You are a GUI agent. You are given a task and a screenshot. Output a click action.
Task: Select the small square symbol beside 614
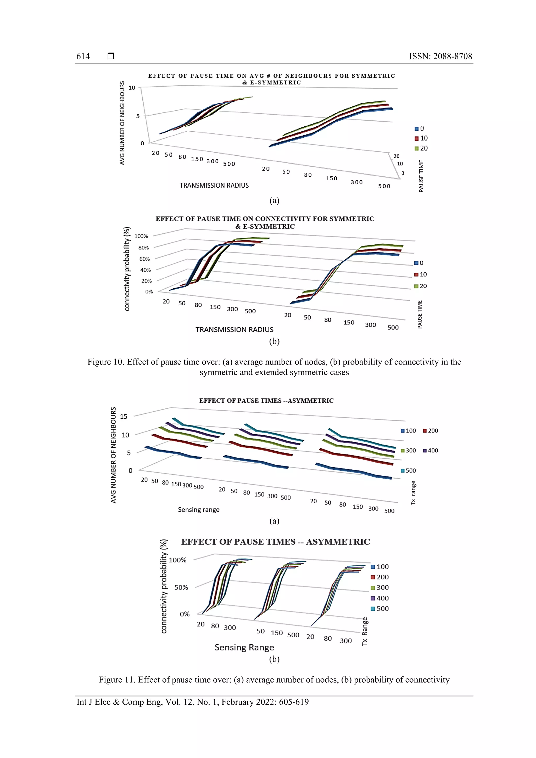tap(111, 56)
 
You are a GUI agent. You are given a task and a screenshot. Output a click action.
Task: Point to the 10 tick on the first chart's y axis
tap(132, 88)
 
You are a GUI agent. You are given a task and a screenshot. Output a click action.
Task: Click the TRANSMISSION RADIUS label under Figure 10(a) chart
tap(214, 186)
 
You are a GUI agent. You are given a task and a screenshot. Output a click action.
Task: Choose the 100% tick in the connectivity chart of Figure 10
tap(141, 236)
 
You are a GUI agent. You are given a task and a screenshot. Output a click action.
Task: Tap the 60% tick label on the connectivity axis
tap(144, 259)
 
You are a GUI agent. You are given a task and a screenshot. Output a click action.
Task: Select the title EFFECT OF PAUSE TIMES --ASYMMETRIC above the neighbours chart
tap(266, 401)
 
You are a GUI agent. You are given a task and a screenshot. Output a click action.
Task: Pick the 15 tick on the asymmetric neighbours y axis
tap(124, 417)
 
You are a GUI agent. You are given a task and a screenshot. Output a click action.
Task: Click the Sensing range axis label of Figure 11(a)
tap(198, 510)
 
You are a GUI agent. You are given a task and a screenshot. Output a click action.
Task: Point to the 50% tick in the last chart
tap(181, 587)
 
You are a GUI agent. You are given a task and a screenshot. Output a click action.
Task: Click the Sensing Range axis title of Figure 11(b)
tap(244, 647)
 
